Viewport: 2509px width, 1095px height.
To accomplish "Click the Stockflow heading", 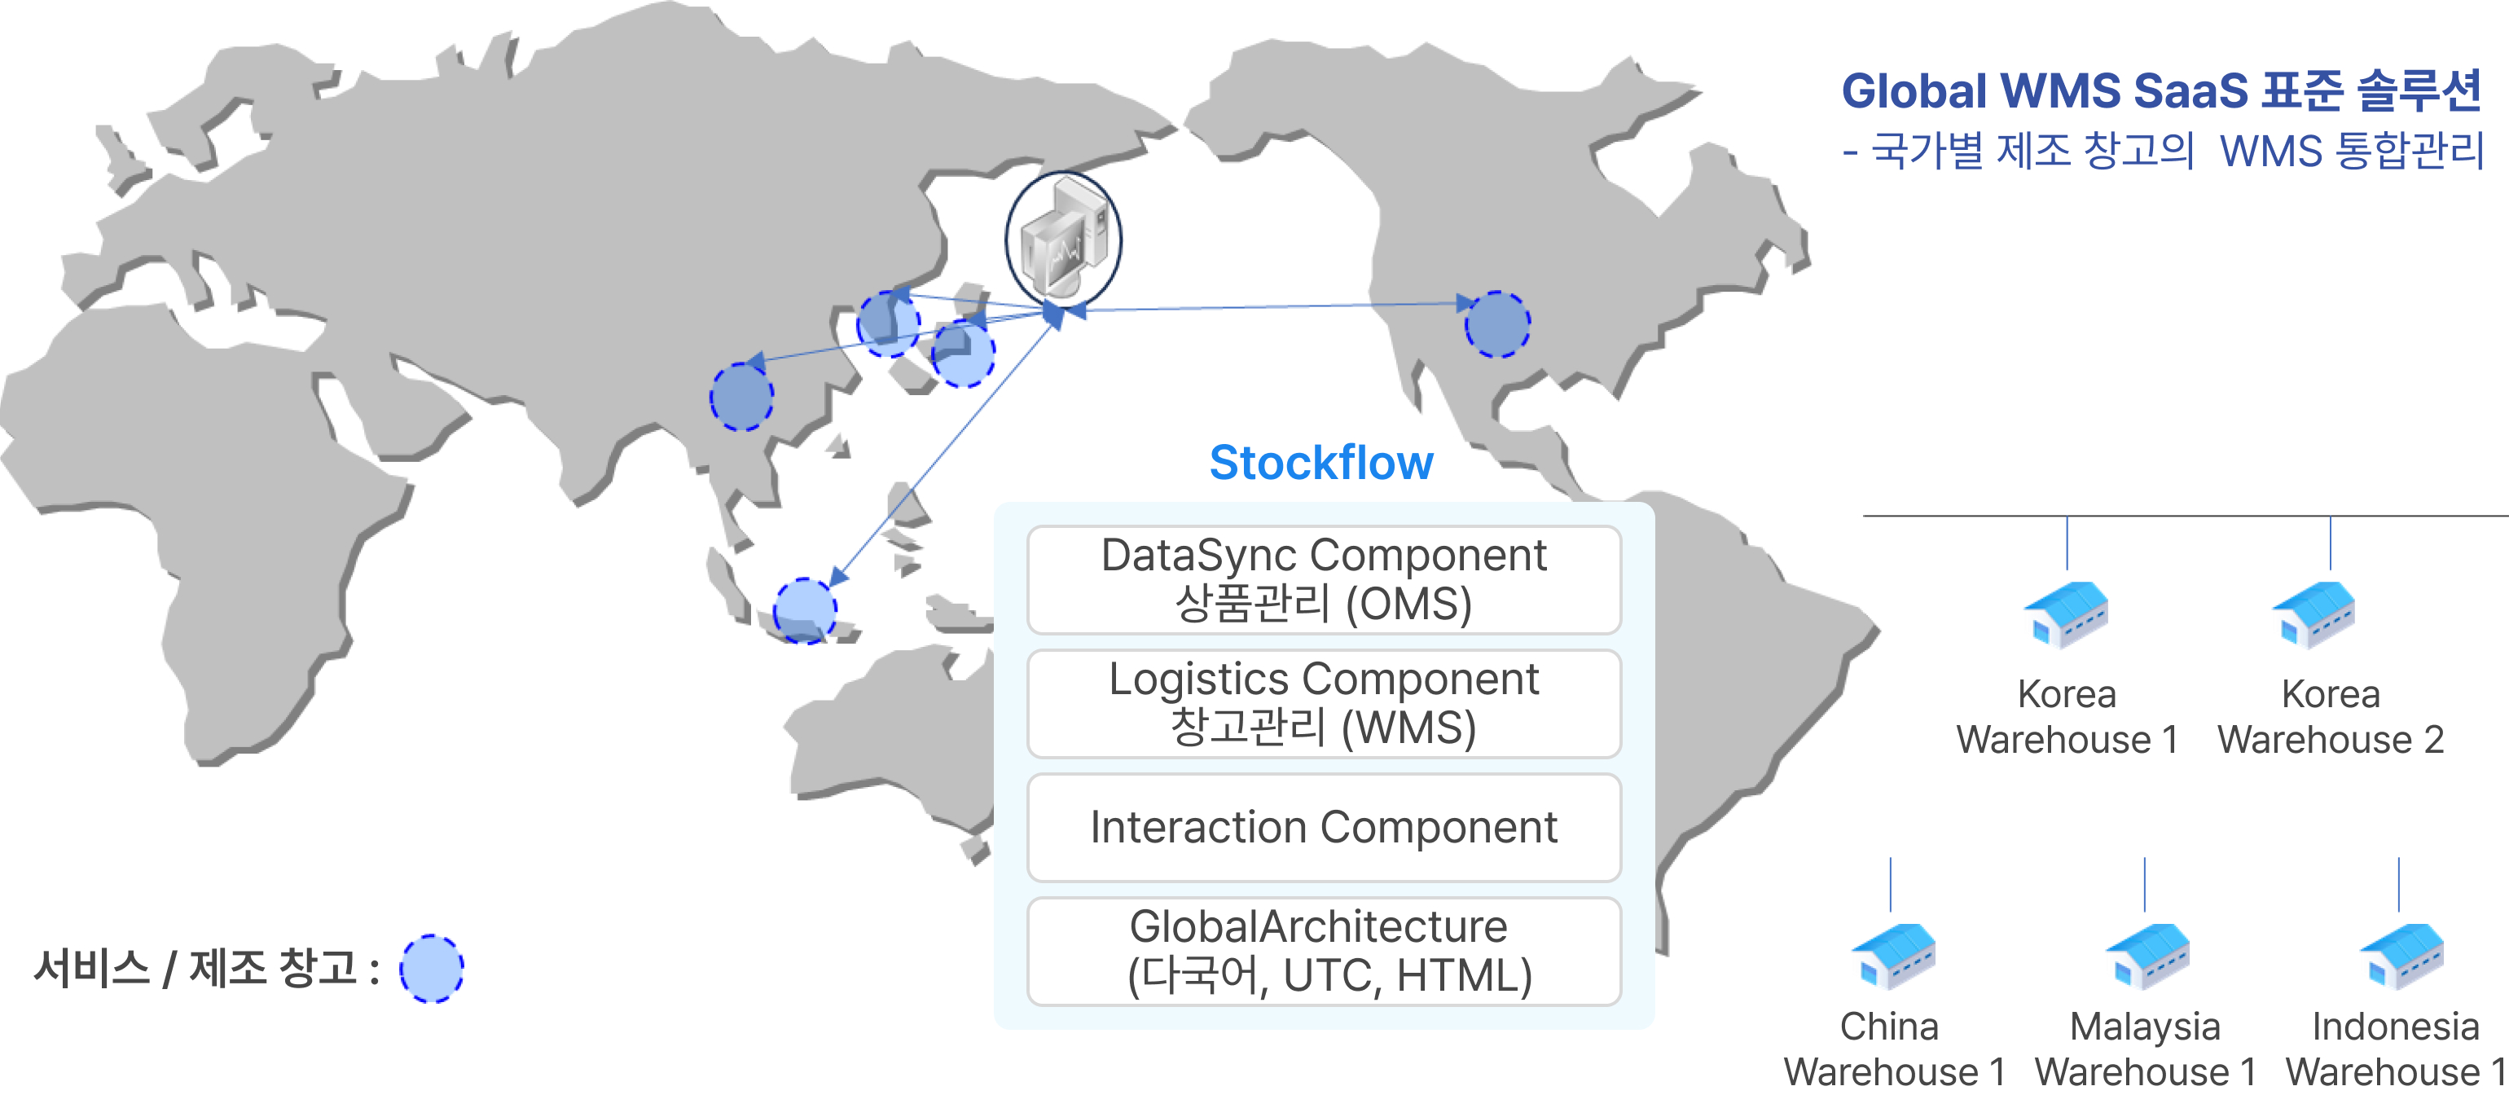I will point(1320,463).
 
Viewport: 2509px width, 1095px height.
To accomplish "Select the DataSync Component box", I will point(1324,579).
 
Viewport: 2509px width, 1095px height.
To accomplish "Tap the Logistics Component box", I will point(1324,703).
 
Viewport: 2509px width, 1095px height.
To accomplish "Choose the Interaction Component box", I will point(1324,827).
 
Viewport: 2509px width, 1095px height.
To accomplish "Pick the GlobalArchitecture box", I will point(1324,951).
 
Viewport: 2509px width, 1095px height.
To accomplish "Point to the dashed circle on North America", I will point(1497,324).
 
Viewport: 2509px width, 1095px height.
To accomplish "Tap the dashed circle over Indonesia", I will point(805,611).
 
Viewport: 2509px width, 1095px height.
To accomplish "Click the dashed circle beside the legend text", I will point(432,969).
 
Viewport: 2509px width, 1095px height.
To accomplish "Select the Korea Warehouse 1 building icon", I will point(2067,615).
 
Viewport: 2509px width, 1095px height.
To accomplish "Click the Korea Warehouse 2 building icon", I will point(2315,615).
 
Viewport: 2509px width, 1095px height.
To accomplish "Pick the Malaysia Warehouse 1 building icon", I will point(2147,956).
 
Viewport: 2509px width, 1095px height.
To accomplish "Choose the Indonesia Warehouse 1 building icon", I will point(2401,956).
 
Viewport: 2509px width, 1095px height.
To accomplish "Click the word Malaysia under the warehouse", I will point(2145,1027).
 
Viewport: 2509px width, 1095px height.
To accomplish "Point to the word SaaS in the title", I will point(2195,90).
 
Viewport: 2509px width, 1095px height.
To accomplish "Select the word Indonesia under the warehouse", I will point(2395,1027).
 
